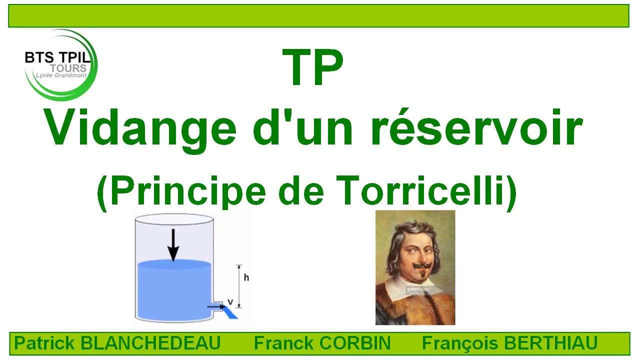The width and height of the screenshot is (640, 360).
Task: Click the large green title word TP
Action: (313, 67)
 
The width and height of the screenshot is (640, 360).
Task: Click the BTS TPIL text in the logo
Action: (57, 57)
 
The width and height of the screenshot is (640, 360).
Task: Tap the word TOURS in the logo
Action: (68, 68)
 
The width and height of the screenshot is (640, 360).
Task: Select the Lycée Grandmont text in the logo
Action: (61, 75)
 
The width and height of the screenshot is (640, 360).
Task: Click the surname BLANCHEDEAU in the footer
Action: (151, 343)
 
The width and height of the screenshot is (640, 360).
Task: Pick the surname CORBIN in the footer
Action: (355, 343)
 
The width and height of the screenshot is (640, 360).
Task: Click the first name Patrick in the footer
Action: (44, 343)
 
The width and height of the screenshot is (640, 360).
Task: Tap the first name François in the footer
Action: (459, 343)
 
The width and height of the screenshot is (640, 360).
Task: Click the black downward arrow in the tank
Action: (173, 245)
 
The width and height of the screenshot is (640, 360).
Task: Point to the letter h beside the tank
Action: (246, 277)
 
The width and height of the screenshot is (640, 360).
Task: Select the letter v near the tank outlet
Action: (230, 301)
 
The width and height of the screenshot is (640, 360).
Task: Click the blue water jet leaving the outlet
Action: (230, 312)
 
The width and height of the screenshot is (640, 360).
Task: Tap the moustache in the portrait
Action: (421, 266)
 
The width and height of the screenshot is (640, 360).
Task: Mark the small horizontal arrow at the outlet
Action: (217, 307)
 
